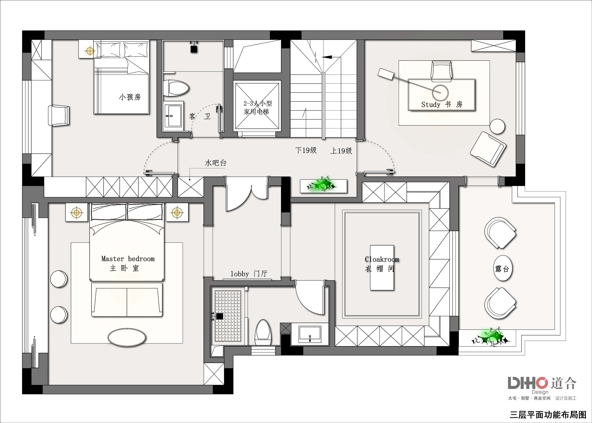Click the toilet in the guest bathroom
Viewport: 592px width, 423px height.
click(x=176, y=88)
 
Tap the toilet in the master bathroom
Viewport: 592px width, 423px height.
click(x=263, y=333)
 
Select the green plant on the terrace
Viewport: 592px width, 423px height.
click(x=490, y=338)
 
